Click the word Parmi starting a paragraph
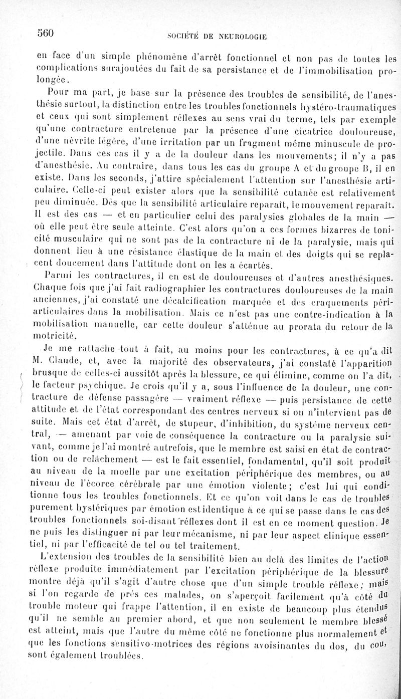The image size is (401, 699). [56, 275]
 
